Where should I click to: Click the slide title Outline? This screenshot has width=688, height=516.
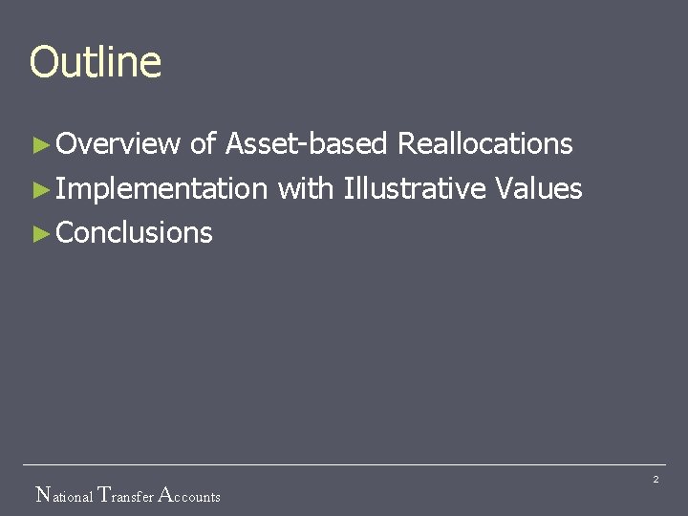[96, 62]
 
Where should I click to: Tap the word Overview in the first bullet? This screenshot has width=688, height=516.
[118, 144]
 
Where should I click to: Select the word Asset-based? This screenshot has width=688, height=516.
[306, 144]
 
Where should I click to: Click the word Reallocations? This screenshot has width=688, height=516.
[484, 144]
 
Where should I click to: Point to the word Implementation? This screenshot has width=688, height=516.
[161, 189]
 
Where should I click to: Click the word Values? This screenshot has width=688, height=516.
[539, 188]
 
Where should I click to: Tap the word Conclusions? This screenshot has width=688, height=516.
[135, 232]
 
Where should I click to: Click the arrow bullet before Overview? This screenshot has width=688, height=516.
[39, 145]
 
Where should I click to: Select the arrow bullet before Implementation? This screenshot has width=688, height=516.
[39, 189]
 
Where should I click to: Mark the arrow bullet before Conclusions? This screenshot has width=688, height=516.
[39, 233]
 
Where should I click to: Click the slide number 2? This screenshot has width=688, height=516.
[656, 479]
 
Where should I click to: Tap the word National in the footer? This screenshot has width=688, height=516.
[64, 496]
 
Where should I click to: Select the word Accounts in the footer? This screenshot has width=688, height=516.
[188, 496]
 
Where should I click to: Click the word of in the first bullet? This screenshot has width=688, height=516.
[202, 144]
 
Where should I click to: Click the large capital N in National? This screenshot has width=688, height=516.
[42, 495]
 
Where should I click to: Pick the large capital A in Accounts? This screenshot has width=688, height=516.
[163, 495]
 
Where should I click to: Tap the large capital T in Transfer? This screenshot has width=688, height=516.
[105, 495]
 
